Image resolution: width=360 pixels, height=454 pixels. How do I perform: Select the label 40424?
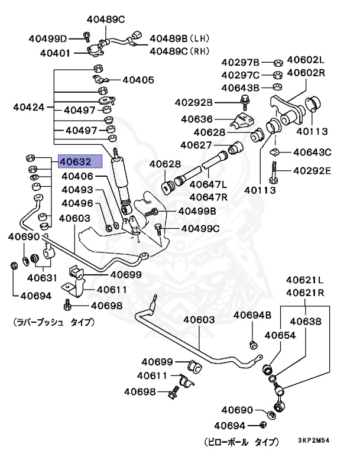(29, 108)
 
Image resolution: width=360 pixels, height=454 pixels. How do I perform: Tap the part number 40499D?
(48, 39)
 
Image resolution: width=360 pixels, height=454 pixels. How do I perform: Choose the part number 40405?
(138, 80)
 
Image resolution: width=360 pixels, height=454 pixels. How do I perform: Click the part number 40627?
(196, 145)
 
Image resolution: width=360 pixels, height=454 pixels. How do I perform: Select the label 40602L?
(306, 60)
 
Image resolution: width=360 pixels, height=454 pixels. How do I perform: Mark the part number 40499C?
(199, 228)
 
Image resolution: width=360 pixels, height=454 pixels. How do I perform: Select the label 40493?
(77, 190)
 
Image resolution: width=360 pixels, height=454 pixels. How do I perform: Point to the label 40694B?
(252, 315)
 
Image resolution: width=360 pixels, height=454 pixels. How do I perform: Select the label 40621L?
(305, 280)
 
